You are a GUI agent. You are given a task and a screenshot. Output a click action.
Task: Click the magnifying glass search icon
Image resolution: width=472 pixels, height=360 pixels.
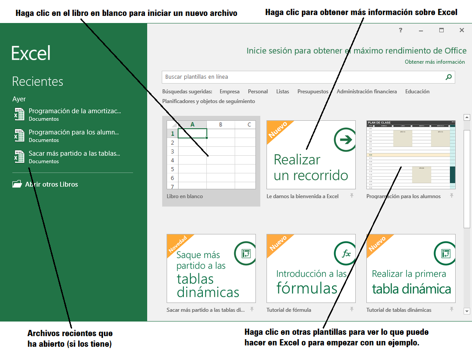[449, 77]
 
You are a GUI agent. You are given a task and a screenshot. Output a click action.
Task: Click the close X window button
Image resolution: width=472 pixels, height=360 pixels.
[462, 30]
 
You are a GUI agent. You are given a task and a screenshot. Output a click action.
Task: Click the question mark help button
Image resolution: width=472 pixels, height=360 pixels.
[400, 30]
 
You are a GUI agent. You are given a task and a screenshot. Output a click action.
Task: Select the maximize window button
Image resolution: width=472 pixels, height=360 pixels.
[441, 30]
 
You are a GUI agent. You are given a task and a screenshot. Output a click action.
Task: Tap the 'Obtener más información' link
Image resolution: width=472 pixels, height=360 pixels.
[434, 62]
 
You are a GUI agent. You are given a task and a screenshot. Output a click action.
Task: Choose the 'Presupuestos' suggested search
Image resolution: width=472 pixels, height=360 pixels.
[312, 92]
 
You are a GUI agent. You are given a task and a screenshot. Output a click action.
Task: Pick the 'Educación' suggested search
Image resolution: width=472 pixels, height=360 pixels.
[417, 92]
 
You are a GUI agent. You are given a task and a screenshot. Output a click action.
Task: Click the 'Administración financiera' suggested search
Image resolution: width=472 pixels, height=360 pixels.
[366, 92]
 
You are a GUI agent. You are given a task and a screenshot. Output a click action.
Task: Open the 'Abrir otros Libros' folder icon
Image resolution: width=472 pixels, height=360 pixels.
[17, 184]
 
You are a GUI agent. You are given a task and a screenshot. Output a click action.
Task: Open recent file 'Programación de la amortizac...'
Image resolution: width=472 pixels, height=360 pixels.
[74, 111]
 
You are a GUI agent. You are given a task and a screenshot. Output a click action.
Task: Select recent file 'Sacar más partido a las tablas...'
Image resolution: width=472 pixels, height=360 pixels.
[74, 153]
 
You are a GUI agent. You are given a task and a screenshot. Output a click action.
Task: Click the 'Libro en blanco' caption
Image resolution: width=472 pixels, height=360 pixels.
[185, 196]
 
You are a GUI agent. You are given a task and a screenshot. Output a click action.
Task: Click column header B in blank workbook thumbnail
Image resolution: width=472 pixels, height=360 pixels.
[221, 125]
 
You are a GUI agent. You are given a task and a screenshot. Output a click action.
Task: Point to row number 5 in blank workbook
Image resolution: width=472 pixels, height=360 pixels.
[172, 169]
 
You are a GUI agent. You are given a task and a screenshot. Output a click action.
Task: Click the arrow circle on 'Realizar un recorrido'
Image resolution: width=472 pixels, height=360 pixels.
[345, 140]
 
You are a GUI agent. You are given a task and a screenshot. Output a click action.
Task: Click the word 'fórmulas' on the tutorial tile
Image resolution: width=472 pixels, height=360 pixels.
[307, 288]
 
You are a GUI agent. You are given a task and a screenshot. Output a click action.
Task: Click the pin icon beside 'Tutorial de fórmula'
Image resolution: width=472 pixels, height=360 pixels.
[352, 309]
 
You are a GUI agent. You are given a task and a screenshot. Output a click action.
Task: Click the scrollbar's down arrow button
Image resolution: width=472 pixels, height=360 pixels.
[467, 311]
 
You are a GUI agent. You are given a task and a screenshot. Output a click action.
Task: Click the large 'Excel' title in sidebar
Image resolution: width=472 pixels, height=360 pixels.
[31, 53]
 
